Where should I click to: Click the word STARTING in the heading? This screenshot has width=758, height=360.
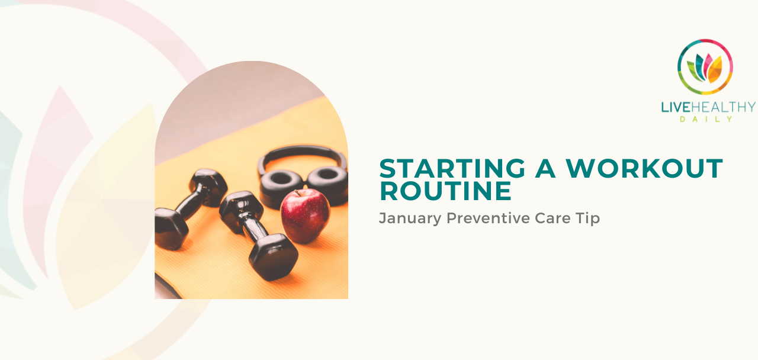click(x=451, y=169)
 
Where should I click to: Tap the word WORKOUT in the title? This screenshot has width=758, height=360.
click(x=644, y=169)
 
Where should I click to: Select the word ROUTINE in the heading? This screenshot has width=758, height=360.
click(x=445, y=191)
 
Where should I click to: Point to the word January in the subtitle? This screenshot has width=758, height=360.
click(x=410, y=218)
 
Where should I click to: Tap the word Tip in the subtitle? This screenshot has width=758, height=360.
click(x=588, y=218)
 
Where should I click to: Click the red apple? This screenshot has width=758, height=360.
click(x=305, y=216)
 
